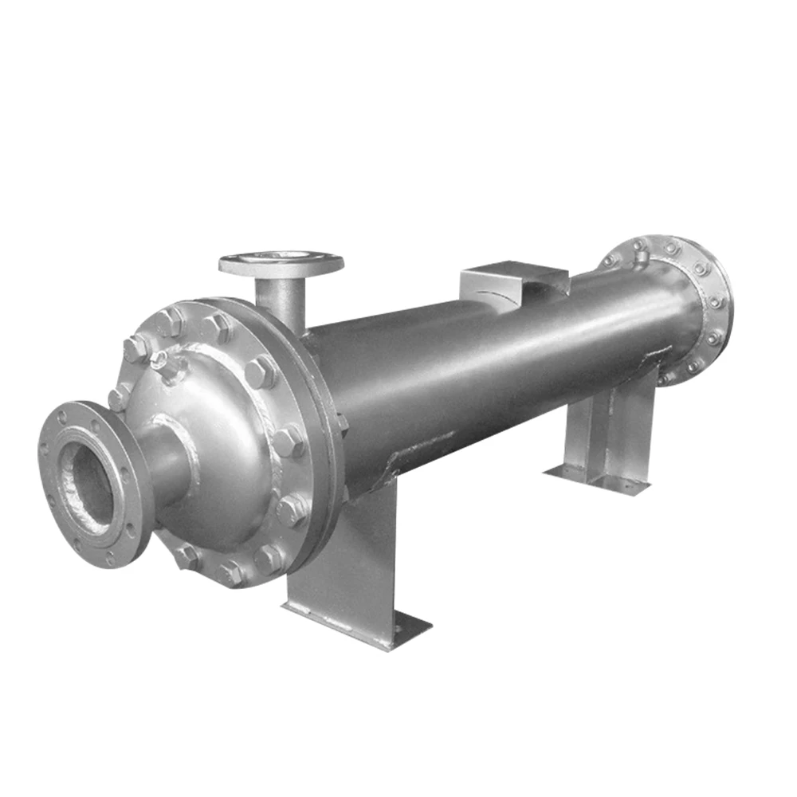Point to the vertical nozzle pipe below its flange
[x=281, y=303]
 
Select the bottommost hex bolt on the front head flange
[x=231, y=571]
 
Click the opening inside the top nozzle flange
[x=281, y=258]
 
